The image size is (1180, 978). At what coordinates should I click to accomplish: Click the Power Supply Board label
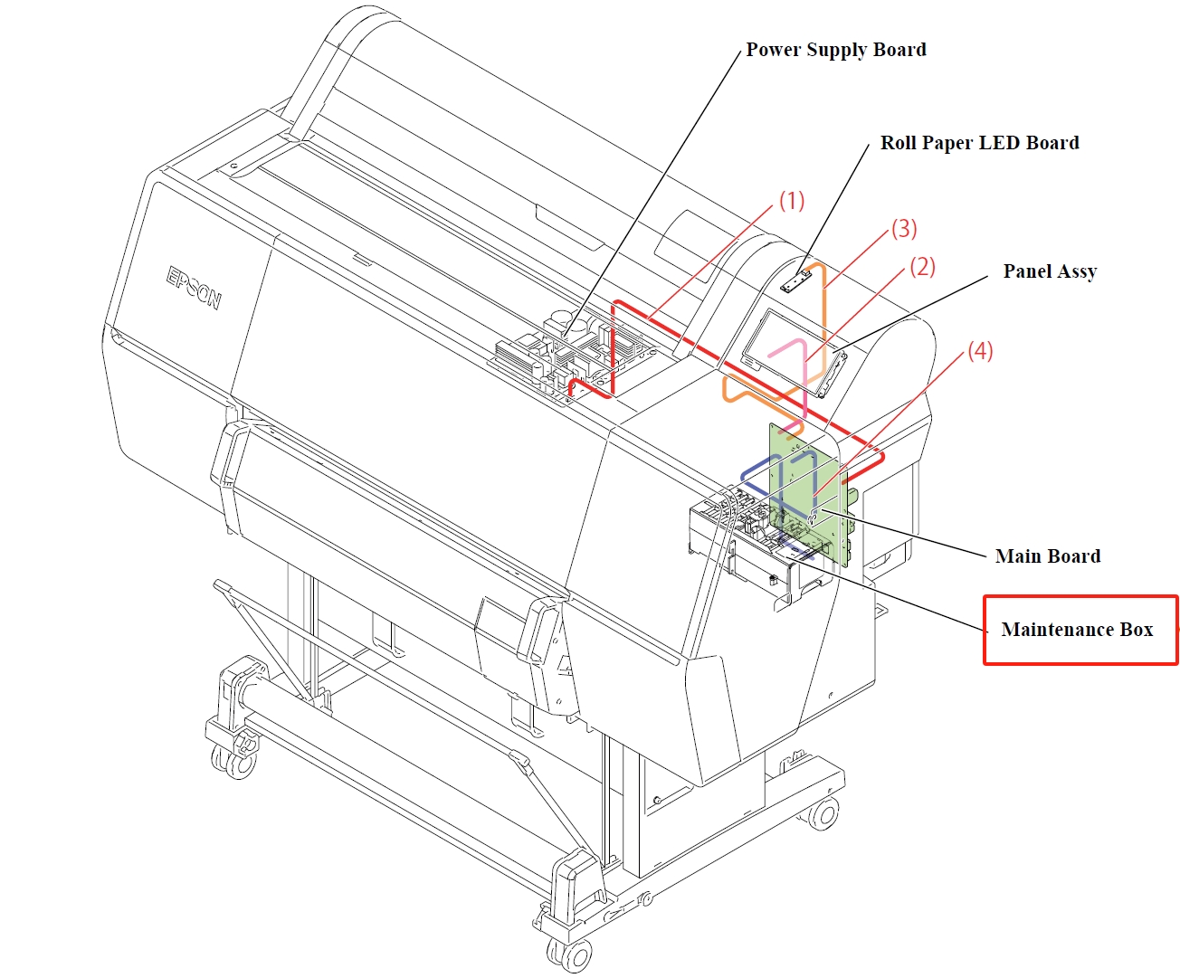click(835, 50)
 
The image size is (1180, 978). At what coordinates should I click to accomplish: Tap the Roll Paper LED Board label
click(979, 143)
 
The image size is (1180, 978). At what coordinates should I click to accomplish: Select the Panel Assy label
click(1049, 271)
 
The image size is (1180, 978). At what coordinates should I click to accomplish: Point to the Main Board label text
click(1047, 556)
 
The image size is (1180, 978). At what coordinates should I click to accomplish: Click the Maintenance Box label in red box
click(1077, 630)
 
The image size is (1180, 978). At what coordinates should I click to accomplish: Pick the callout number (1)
click(792, 201)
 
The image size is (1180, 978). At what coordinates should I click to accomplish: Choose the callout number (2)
click(922, 267)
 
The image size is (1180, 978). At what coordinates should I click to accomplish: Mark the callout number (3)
click(904, 229)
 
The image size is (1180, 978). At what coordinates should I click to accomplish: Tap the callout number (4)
click(980, 351)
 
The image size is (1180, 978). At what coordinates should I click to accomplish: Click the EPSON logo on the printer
click(194, 288)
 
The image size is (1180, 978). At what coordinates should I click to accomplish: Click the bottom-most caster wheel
click(570, 954)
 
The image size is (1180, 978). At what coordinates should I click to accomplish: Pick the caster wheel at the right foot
click(823, 813)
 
